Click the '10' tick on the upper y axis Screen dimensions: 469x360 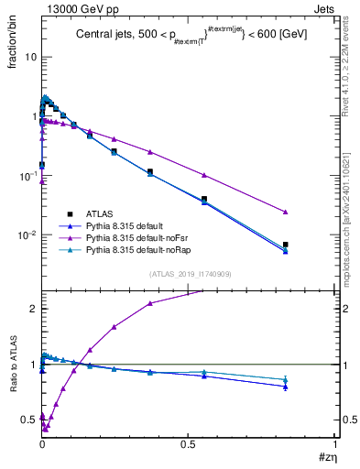tap(30, 57)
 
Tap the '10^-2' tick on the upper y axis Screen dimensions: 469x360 tap(27, 235)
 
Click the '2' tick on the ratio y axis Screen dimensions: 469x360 tap(33, 309)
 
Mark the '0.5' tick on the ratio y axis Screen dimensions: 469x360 tap(29, 420)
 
